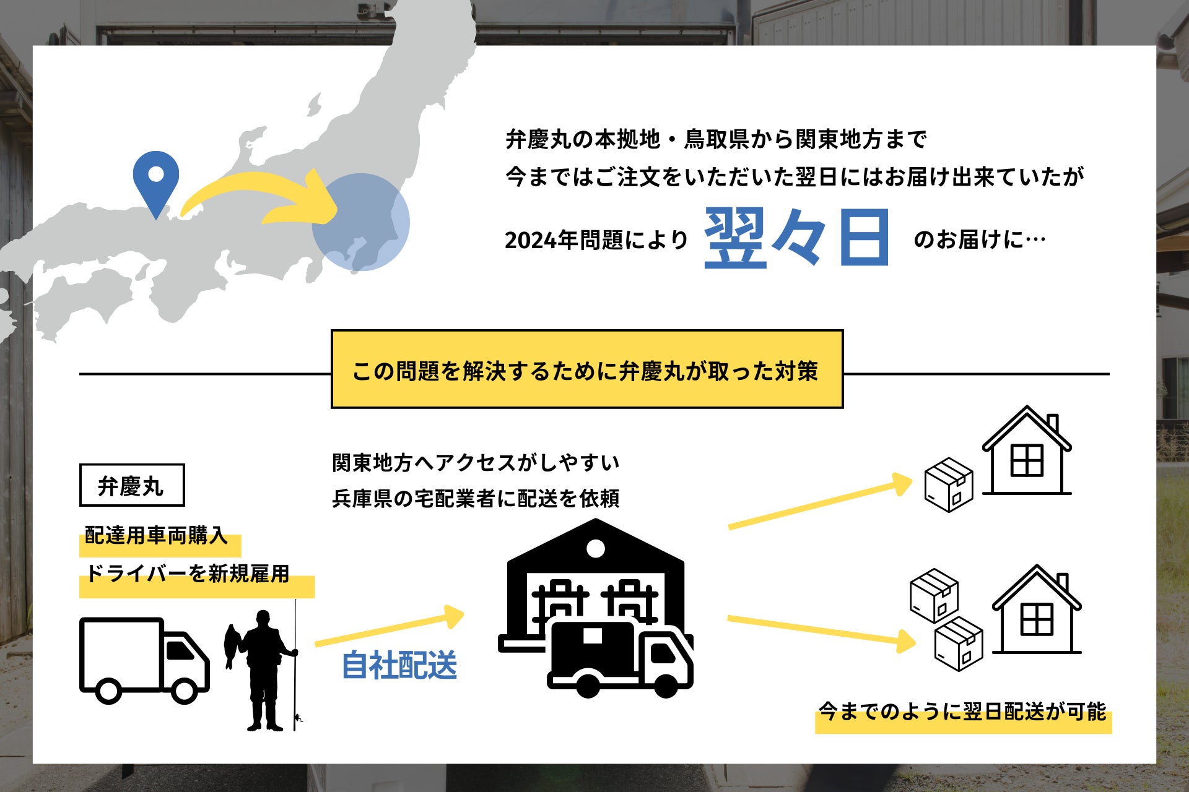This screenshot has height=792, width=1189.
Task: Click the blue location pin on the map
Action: (156, 179)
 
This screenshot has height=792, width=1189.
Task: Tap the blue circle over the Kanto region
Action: (360, 222)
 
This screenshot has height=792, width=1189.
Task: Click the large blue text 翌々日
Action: (797, 238)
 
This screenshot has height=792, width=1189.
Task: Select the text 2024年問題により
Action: (596, 240)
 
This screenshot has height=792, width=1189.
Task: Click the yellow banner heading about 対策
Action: (586, 370)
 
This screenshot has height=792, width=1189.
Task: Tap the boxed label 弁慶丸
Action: (131, 486)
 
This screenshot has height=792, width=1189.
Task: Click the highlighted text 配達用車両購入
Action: (156, 536)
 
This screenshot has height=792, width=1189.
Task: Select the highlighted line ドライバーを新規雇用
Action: (188, 574)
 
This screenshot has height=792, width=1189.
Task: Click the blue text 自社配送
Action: (399, 665)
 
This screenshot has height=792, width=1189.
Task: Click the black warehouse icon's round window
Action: (596, 548)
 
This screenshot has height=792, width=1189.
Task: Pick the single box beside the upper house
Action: (948, 484)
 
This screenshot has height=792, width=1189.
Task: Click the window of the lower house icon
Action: (1036, 619)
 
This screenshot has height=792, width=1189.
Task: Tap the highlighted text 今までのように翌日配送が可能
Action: (962, 712)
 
